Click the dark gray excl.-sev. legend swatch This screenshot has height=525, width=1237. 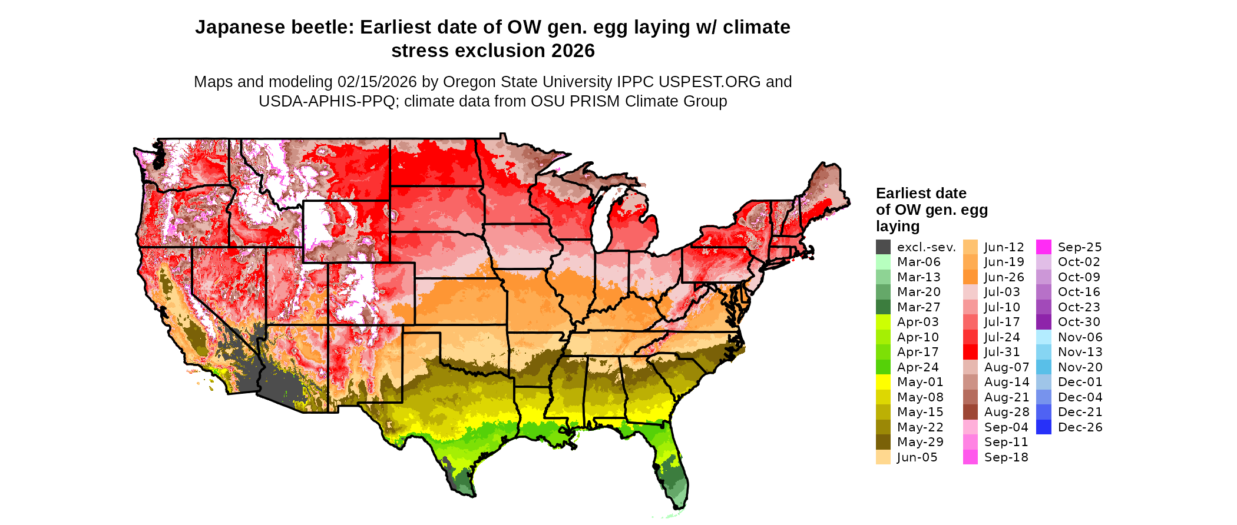883,247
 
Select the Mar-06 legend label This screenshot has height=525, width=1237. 918,262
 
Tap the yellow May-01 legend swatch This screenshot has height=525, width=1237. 883,382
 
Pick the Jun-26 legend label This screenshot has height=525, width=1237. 1004,277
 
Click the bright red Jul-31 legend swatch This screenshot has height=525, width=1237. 970,352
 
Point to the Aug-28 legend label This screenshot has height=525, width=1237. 1007,412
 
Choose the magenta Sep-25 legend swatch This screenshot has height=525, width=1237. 1043,247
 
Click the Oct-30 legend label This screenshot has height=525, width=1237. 1079,322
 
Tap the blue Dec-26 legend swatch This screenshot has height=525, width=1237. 1043,427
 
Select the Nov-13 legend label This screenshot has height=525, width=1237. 1080,352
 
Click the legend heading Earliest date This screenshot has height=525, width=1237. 921,193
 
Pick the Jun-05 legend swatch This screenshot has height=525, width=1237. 883,457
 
